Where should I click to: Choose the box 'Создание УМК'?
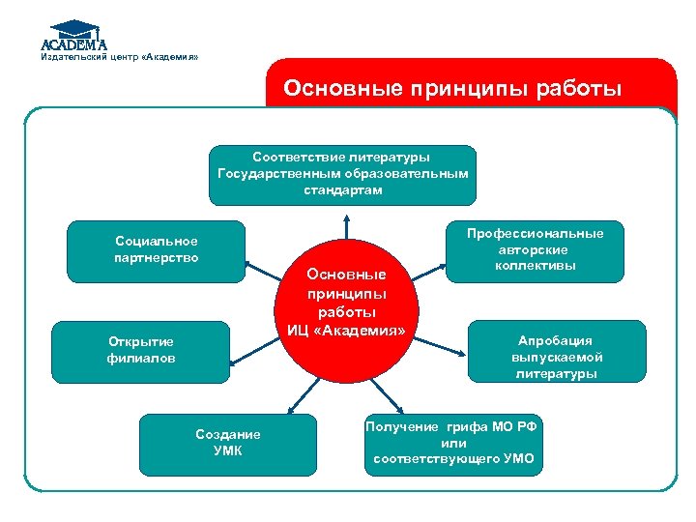click(228, 443)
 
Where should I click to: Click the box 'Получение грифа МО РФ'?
click(453, 443)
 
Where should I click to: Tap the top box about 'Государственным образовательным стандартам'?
click(343, 175)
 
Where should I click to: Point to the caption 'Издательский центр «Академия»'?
click(119, 57)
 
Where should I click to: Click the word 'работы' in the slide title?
click(580, 90)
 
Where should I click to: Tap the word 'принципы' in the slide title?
click(454, 90)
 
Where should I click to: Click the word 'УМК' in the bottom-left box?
click(228, 450)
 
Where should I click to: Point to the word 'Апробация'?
click(555, 340)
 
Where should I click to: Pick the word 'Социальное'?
click(156, 241)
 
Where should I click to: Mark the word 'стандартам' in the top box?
click(343, 190)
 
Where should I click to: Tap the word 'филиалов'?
click(140, 359)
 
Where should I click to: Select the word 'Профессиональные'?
click(535, 234)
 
